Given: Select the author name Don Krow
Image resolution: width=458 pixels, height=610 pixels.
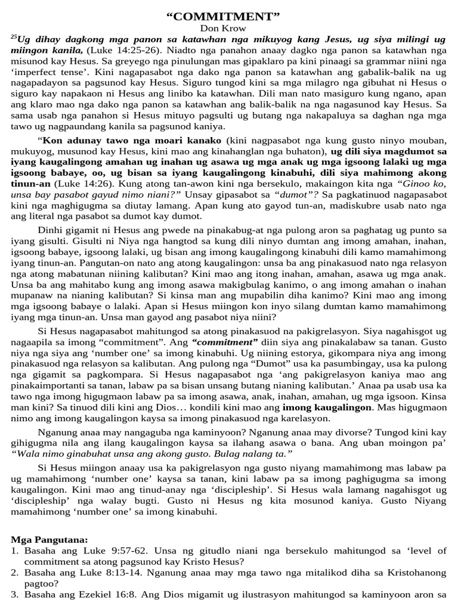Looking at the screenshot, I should (229, 27).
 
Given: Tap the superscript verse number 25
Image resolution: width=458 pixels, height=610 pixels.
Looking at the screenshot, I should (14, 37).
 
